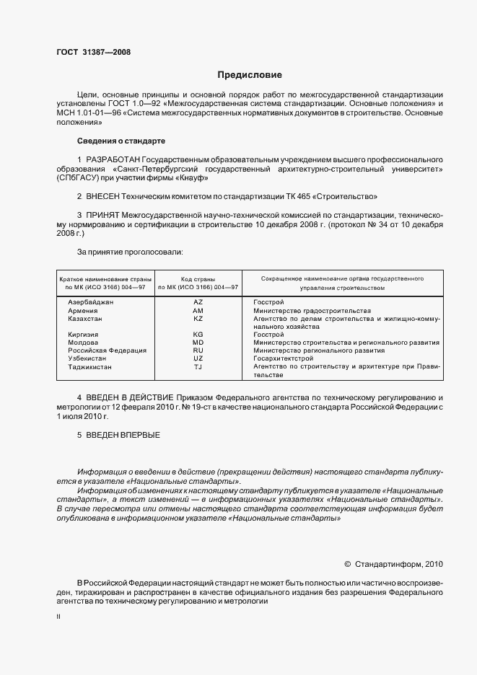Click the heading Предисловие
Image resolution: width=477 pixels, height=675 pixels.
coord(250,74)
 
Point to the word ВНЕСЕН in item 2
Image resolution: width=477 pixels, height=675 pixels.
coord(105,196)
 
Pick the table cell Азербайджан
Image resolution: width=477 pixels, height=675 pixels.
coord(91,301)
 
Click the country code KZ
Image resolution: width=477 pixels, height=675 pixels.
coord(198,318)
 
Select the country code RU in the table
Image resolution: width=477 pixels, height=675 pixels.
coord(198,350)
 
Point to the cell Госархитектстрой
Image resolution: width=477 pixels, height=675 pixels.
coord(283,358)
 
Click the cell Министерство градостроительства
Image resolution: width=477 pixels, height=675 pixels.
coord(312,310)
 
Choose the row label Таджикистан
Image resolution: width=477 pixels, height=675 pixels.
coord(89,366)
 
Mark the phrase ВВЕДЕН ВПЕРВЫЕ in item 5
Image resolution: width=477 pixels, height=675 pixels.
coord(123,435)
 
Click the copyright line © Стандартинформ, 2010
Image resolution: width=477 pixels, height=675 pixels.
coord(394,564)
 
